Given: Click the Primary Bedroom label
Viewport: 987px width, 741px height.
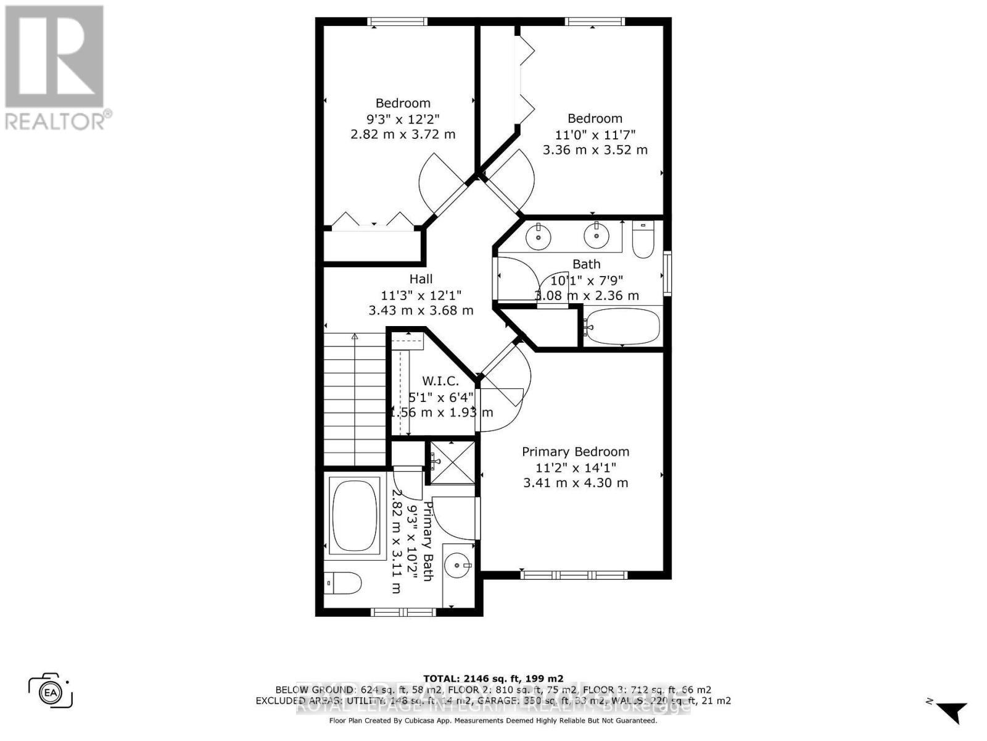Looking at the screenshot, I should click(x=576, y=452).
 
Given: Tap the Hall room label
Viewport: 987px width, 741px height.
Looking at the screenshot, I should click(x=421, y=279).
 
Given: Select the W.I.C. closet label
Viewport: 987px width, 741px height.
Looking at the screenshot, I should click(x=440, y=381).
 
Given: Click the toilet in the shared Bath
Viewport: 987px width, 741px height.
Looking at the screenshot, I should click(x=643, y=240).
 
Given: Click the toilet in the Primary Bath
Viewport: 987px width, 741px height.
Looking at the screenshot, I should click(x=343, y=582).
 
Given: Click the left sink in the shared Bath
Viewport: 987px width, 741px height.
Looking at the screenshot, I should click(x=539, y=235).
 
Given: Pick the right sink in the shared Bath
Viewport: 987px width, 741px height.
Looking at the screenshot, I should click(x=596, y=235).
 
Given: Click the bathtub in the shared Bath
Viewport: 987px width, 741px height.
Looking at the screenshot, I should click(x=622, y=327).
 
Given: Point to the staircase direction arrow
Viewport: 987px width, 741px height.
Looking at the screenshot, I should click(x=355, y=337).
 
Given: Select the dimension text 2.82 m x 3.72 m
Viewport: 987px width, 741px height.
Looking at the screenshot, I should click(x=403, y=134).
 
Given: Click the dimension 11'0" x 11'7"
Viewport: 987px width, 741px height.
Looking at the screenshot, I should click(x=595, y=134).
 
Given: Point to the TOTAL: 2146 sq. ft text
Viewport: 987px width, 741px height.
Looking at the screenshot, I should click(x=493, y=678).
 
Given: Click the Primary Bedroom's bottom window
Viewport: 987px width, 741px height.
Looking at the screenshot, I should click(x=574, y=575).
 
